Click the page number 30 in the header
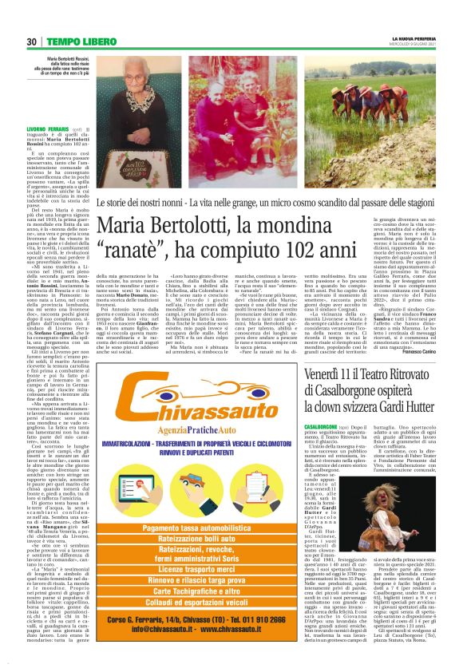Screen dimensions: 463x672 [33, 41]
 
